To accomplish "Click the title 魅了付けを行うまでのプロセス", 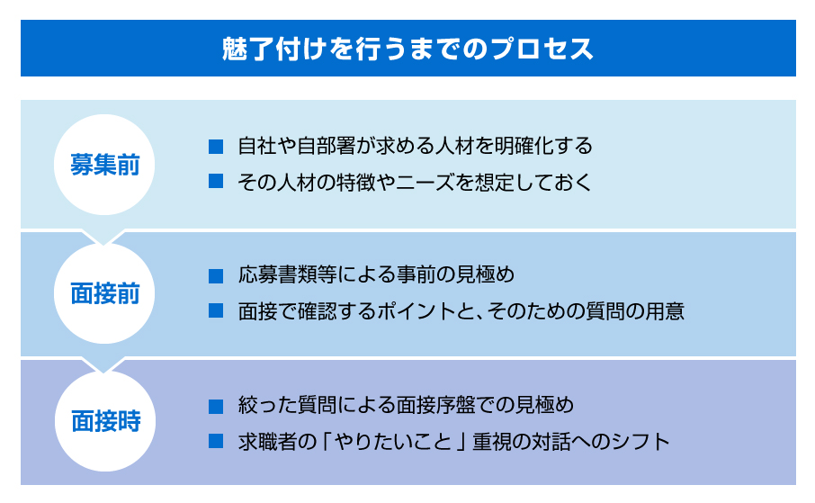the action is [408, 49].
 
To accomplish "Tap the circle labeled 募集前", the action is [104, 165].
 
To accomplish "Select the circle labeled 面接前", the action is [104, 293].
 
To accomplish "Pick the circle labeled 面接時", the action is [105, 421].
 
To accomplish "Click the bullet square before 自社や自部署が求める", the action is [216, 147].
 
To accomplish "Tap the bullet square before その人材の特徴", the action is [216, 181].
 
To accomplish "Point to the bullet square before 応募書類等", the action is [216, 275].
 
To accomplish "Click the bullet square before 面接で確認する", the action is [216, 310].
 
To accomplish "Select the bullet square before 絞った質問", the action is [216, 406].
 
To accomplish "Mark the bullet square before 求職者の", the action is [216, 441].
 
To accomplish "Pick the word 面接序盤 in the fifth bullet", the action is [435, 405].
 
